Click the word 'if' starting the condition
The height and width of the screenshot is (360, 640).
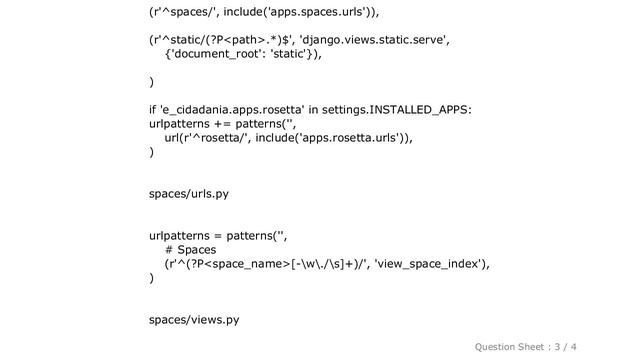(153, 108)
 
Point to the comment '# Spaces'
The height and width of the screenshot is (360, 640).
(191, 249)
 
